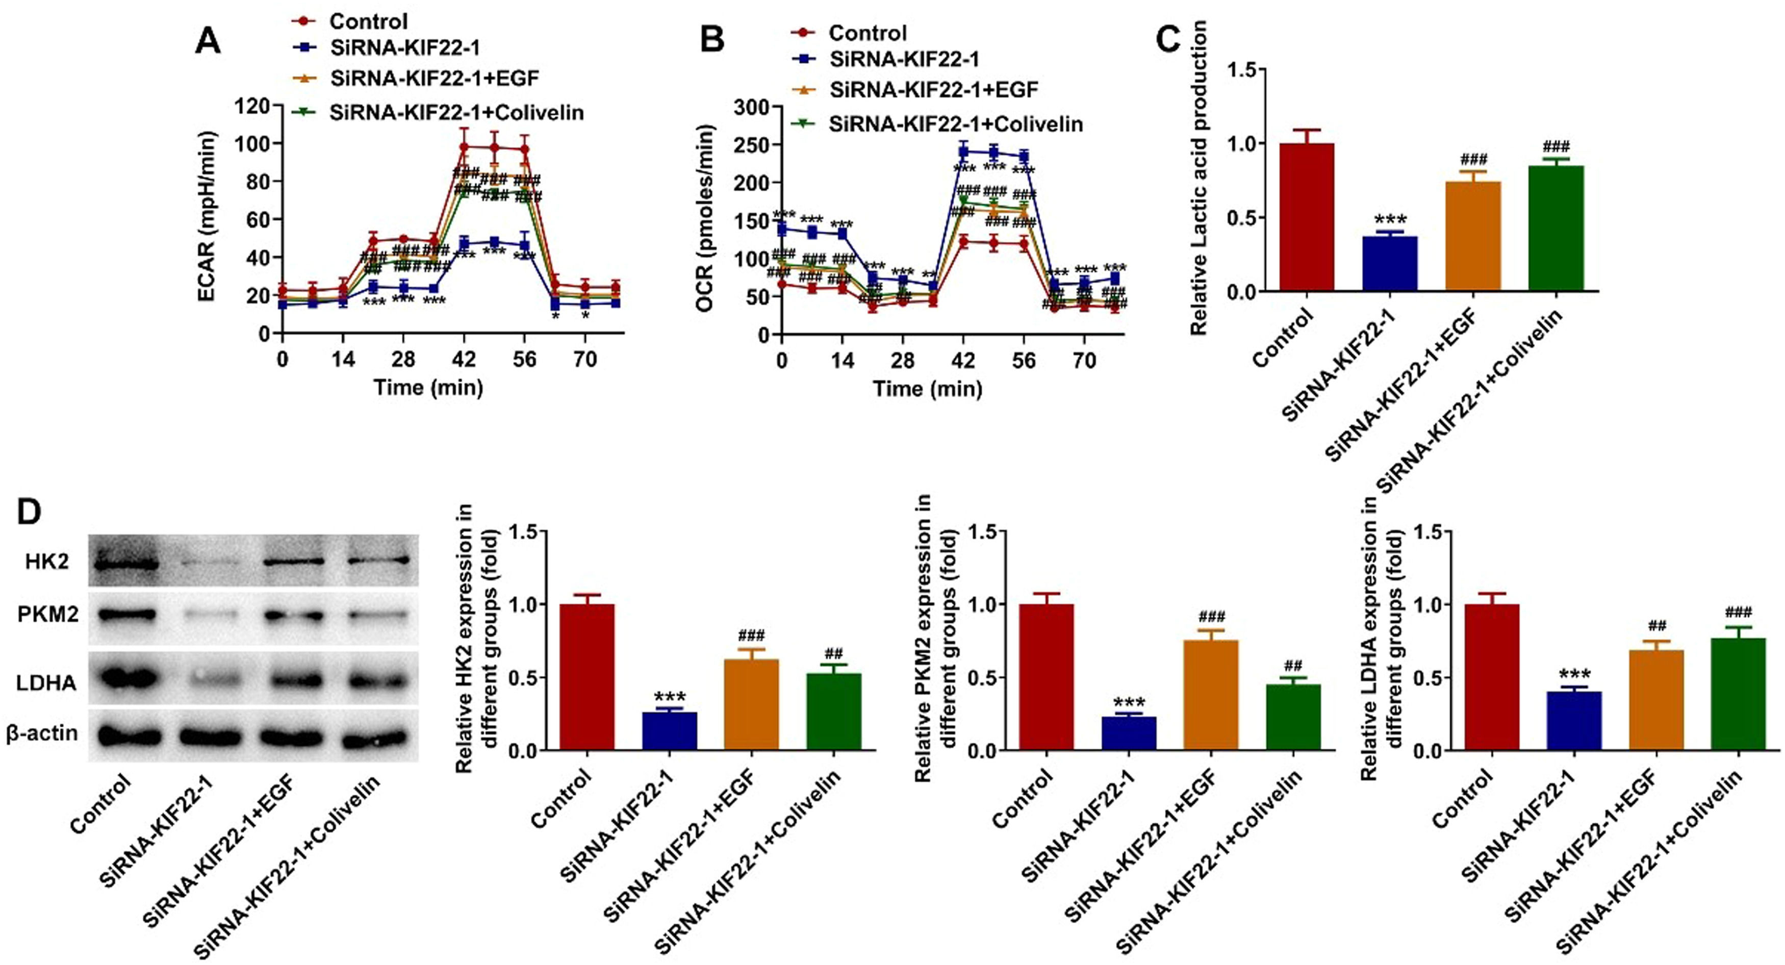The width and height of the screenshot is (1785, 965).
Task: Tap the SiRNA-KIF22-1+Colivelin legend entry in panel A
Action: point(456,112)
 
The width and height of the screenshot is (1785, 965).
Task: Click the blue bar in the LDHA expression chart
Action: point(1574,721)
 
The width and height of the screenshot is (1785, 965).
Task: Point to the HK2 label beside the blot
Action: point(47,561)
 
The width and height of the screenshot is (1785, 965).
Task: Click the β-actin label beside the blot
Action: point(42,733)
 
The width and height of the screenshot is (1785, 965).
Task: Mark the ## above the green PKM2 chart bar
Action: point(1293,667)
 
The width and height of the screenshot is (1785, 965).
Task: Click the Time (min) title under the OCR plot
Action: point(927,388)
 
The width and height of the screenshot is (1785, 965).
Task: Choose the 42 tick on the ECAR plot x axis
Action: point(464,360)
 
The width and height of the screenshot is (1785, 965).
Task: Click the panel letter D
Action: point(29,512)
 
